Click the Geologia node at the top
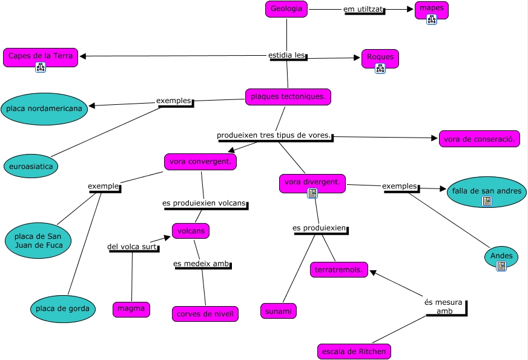point(286,9)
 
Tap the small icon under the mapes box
point(432,19)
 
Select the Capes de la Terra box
point(41,58)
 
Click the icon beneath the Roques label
point(380,68)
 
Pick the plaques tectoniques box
point(288,97)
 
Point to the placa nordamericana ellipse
point(44,109)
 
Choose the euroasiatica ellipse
point(31,166)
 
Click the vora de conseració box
point(480,139)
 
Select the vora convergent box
point(200,162)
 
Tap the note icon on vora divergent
point(312,193)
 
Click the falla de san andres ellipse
point(487,192)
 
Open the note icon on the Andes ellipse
point(501,266)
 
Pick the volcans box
point(191,231)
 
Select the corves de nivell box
point(205,314)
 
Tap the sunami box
point(279,311)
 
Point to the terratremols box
point(338,270)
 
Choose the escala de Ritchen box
point(354,352)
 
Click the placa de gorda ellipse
point(62,308)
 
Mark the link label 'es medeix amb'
point(202,264)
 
